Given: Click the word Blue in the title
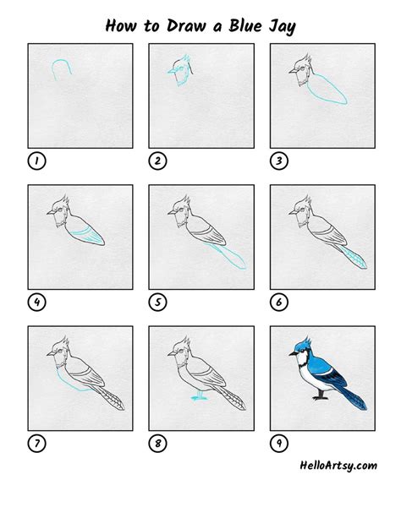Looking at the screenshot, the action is click(244, 25).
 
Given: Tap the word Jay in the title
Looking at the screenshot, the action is click(282, 26).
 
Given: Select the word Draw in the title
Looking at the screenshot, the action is click(186, 25).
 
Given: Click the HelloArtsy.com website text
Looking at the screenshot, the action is click(338, 466).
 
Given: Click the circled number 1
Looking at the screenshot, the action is click(36, 161).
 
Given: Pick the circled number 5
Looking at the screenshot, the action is click(158, 303).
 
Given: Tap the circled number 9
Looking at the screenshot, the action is click(279, 444).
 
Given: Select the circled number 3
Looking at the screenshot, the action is click(279, 161).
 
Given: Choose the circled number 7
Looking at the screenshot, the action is click(36, 444).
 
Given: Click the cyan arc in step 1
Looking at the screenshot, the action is click(61, 60).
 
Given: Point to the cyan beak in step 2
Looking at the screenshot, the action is click(173, 71).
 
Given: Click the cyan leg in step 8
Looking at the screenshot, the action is click(199, 395).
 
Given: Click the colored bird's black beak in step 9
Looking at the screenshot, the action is click(294, 354).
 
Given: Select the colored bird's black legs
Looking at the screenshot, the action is click(321, 395).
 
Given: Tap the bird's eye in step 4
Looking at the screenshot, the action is click(60, 210).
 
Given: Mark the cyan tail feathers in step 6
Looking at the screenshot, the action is click(354, 258).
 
